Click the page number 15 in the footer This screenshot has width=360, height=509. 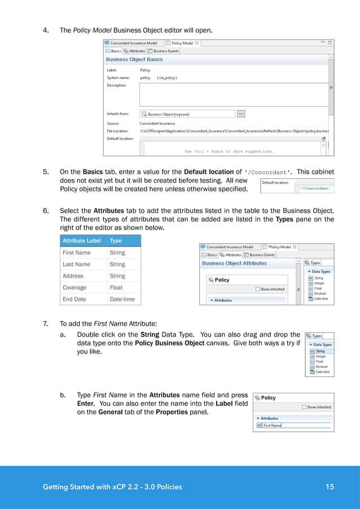[x=330, y=486]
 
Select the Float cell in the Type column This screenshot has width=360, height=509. [x=116, y=287]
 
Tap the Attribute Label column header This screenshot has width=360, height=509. [x=82, y=240]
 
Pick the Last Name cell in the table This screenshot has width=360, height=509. [x=76, y=264]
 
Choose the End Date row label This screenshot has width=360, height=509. [x=74, y=299]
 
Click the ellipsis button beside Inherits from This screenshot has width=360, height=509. [x=241, y=113]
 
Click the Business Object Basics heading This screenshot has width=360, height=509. [x=134, y=59]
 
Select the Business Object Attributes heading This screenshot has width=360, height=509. [x=234, y=263]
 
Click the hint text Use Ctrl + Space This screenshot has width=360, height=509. [x=229, y=151]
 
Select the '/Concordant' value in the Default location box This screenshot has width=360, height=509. [x=315, y=188]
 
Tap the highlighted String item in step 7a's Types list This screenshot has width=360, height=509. [x=321, y=352]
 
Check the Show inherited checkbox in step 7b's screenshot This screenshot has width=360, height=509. [x=304, y=407]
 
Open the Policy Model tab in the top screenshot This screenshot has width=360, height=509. [x=182, y=43]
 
